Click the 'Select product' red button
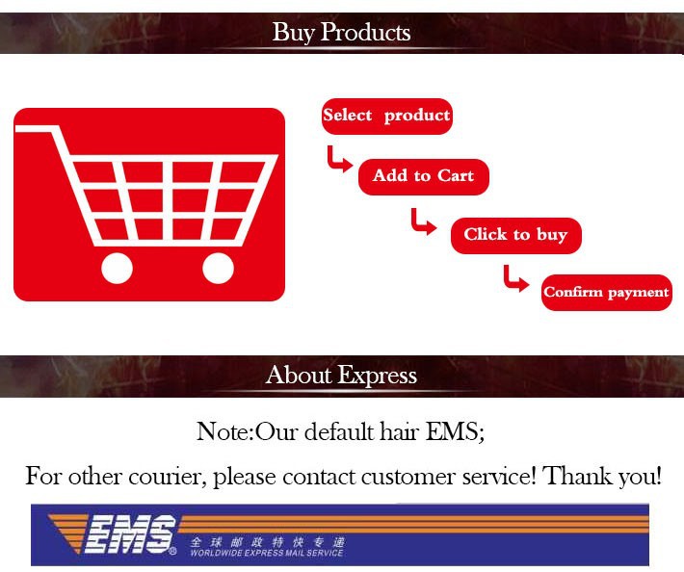pos(387,117)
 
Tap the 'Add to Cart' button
pos(424,176)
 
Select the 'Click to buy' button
pos(516,235)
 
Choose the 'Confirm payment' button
pos(607,293)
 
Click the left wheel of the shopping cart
pos(117,268)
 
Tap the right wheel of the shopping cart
pos(218,268)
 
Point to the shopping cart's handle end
pos(16,129)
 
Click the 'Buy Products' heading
pos(342,33)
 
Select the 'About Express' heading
pos(342,376)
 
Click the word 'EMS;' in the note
pos(455,431)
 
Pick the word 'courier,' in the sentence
pos(167,477)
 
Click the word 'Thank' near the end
pos(578,475)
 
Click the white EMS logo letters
pos(131,534)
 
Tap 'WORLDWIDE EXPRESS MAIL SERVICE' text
pos(267,554)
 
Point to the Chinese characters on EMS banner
pos(268,542)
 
